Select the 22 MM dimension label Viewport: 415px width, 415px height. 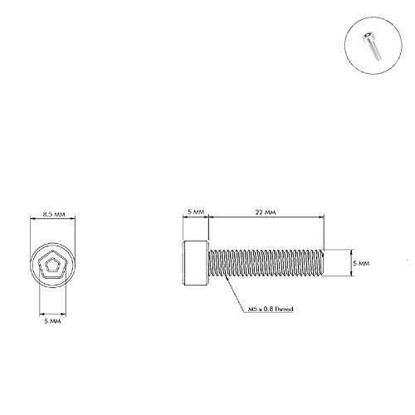point(266,213)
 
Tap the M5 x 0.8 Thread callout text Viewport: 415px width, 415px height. point(271,309)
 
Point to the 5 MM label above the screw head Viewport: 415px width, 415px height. point(195,213)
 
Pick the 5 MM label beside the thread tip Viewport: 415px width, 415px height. point(360,262)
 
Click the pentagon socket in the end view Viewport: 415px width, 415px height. point(54,266)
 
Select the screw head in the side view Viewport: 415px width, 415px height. point(194,262)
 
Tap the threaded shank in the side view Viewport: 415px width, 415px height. point(264,262)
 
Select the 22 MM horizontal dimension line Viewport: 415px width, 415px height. point(266,219)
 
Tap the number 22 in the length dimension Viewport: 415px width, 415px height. point(261,213)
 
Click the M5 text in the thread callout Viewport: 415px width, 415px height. point(252,309)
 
